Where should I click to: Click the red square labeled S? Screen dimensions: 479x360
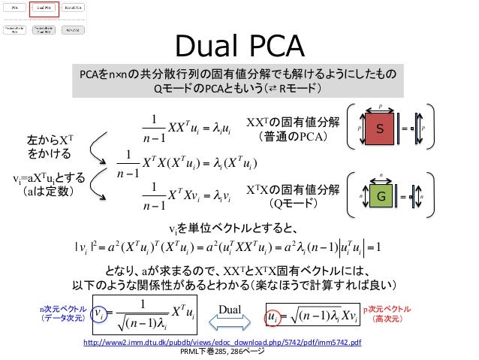point(380,129)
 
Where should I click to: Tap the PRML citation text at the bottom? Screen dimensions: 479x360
point(222,351)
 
